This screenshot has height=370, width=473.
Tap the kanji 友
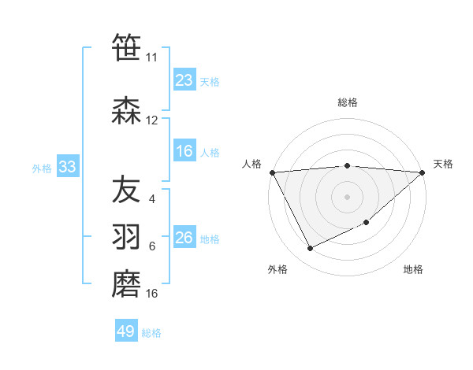pyautogui.click(x=127, y=190)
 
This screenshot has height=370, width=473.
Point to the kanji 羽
pyautogui.click(x=127, y=237)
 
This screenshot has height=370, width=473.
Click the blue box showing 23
pyautogui.click(x=184, y=80)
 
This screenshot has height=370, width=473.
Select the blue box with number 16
pyautogui.click(x=184, y=151)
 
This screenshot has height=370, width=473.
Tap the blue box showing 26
pyautogui.click(x=184, y=238)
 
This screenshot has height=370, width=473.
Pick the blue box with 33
pyautogui.click(x=66, y=167)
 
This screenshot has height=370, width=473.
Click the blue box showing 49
pyautogui.click(x=126, y=331)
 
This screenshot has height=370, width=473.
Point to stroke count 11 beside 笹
pyautogui.click(x=152, y=57)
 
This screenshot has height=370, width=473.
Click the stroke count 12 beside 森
pyautogui.click(x=152, y=120)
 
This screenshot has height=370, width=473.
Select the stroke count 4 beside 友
pyautogui.click(x=151, y=199)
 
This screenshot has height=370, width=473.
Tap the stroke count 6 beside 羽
pyautogui.click(x=151, y=246)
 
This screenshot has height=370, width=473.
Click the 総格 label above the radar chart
pyautogui.click(x=348, y=102)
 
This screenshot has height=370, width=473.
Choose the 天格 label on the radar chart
pyautogui.click(x=443, y=164)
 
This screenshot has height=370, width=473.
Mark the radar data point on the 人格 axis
pyautogui.click(x=272, y=172)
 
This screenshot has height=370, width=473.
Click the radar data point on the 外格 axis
pyautogui.click(x=310, y=249)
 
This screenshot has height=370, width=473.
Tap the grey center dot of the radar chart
pyautogui.click(x=348, y=196)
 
